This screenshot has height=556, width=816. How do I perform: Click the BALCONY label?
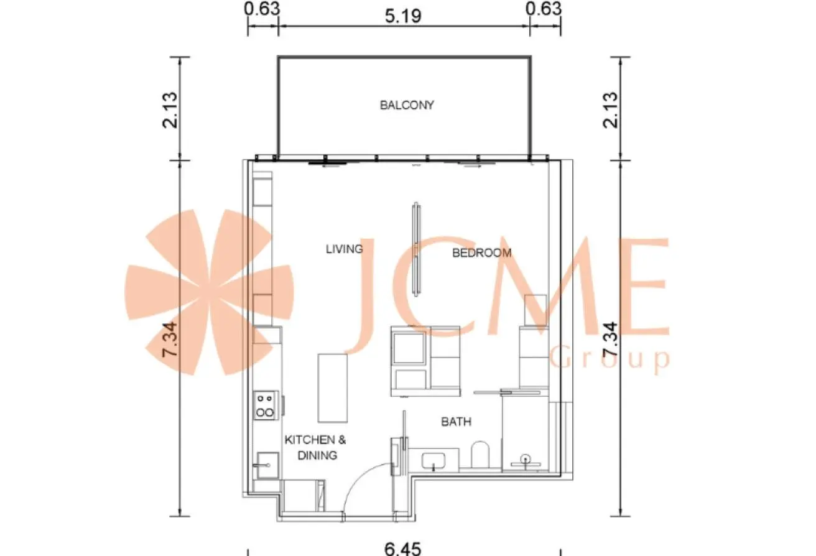pyautogui.click(x=407, y=105)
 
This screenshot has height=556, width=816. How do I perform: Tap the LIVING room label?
pyautogui.click(x=345, y=249)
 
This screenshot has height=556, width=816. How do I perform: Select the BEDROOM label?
pyautogui.click(x=481, y=253)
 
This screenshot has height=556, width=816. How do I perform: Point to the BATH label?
pyautogui.click(x=456, y=422)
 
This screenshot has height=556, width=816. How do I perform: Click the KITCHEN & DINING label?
pyautogui.click(x=315, y=447)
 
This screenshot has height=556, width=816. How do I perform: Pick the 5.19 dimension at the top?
pyautogui.click(x=403, y=16)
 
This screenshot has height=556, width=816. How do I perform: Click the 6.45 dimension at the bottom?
pyautogui.click(x=403, y=549)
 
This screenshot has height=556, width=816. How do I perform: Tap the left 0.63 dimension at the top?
pyautogui.click(x=262, y=9)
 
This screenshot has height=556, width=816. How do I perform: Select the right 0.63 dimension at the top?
pyautogui.click(x=544, y=9)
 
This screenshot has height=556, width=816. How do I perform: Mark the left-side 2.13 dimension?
pyautogui.click(x=170, y=110)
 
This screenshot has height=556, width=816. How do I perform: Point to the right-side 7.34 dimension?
pyautogui.click(x=611, y=339)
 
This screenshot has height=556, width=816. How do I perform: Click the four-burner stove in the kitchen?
pyautogui.click(x=265, y=405)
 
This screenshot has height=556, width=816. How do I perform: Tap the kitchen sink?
pyautogui.click(x=267, y=466)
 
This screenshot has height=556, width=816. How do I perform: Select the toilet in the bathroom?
pyautogui.click(x=480, y=455)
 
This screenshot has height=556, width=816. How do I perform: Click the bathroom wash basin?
pyautogui.click(x=433, y=461)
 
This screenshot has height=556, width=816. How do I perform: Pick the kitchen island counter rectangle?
pyautogui.click(x=333, y=388)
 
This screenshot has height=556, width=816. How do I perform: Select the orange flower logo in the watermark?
pyautogui.click(x=210, y=292)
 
